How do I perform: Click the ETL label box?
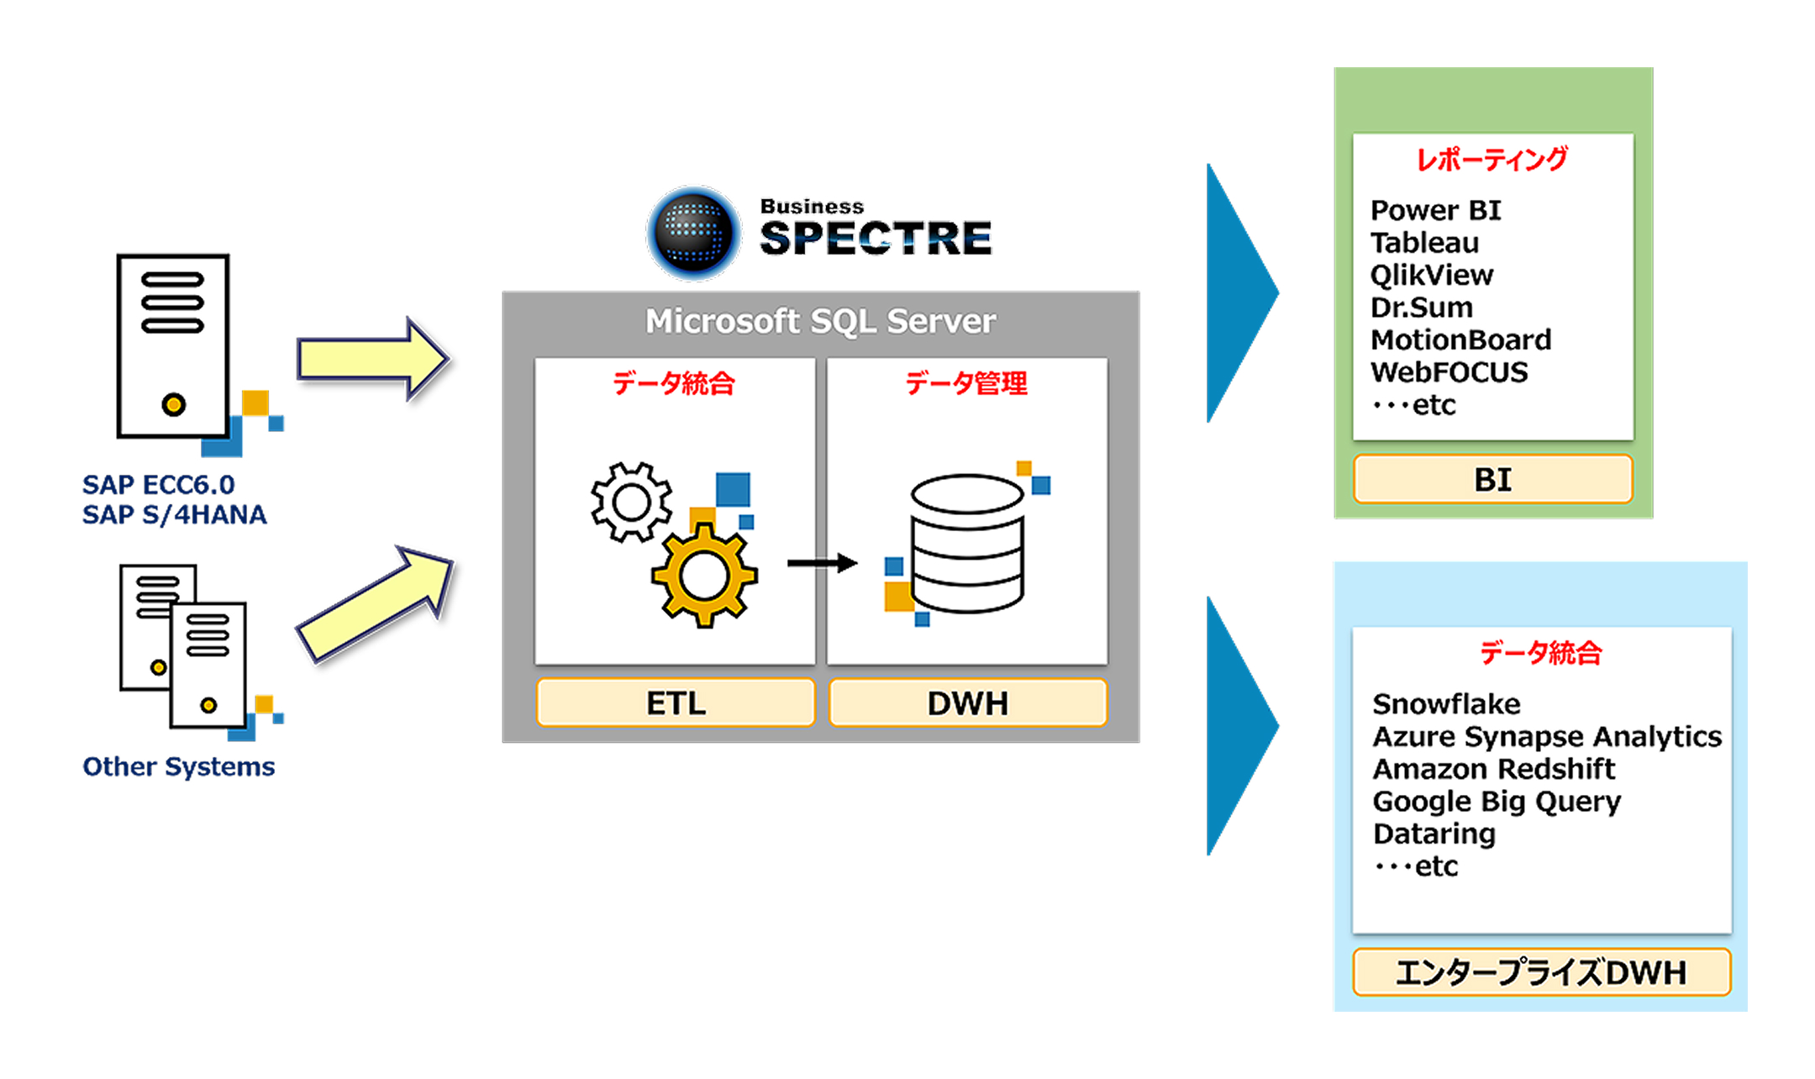point(676,703)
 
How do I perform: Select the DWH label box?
point(967,703)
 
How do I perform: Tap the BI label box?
point(1492,479)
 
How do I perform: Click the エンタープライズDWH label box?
point(1541,972)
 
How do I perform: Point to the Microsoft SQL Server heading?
point(820,321)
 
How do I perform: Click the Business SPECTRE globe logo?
point(693,233)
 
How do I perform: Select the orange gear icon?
point(704,576)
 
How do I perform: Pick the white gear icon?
point(632,503)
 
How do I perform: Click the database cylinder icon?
point(967,543)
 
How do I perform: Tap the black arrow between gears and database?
point(821,563)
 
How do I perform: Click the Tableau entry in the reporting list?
point(1424,243)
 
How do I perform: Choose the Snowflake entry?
point(1446,703)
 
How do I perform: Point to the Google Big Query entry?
point(1497,802)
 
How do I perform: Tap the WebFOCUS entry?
point(1449,372)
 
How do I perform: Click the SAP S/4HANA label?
point(174,514)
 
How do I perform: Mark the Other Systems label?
point(178,766)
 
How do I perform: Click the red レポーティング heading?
point(1491,159)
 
